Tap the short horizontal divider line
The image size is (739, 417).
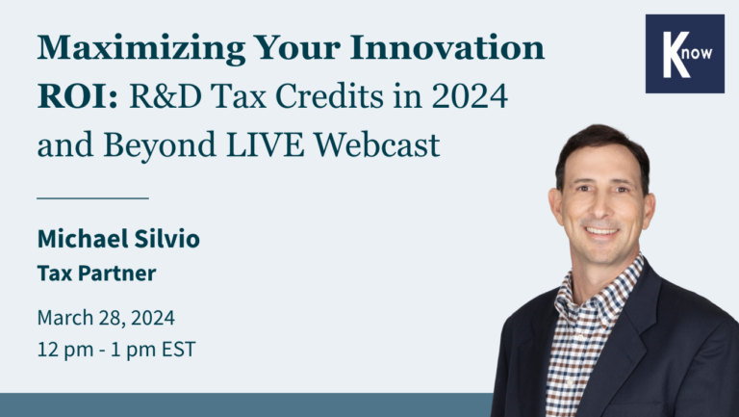tap(92, 197)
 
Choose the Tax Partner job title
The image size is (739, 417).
tap(96, 274)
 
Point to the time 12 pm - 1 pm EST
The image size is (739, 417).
tap(116, 349)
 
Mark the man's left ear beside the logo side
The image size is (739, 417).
tap(650, 207)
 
